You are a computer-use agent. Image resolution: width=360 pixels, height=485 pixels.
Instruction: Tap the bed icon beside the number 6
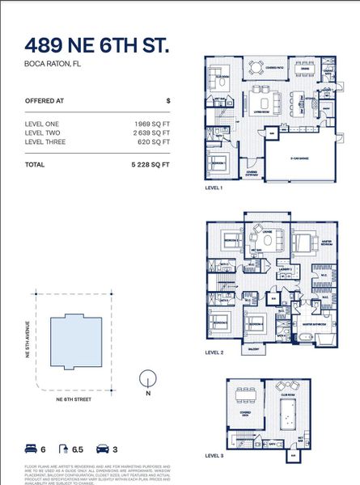(31, 448)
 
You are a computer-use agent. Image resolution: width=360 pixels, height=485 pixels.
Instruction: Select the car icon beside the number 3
(103, 448)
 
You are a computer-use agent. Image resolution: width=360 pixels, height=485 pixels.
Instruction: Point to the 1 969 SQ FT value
(152, 123)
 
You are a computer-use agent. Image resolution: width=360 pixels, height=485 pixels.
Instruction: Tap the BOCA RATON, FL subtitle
(51, 62)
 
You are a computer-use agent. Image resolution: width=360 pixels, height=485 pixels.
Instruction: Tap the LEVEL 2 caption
(214, 352)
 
